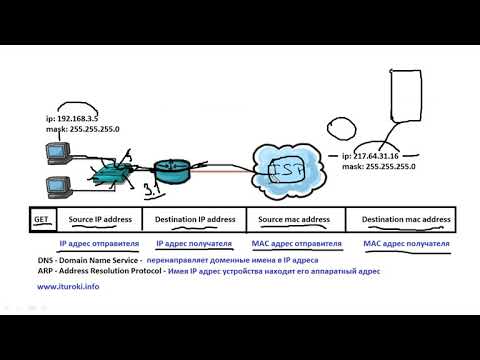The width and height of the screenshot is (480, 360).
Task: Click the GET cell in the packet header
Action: pyautogui.click(x=41, y=218)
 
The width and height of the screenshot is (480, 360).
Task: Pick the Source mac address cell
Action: pyautogui.click(x=294, y=218)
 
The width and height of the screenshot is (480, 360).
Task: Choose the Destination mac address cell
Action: pyautogui.click(x=406, y=218)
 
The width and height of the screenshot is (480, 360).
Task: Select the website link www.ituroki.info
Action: pyautogui.click(x=68, y=287)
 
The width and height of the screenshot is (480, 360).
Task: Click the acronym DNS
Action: pyautogui.click(x=44, y=258)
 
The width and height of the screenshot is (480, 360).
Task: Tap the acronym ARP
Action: pyautogui.click(x=44, y=270)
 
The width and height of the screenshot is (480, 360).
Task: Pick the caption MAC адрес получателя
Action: pyautogui.click(x=406, y=243)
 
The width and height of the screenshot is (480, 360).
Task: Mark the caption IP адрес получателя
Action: pyautogui.click(x=194, y=243)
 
